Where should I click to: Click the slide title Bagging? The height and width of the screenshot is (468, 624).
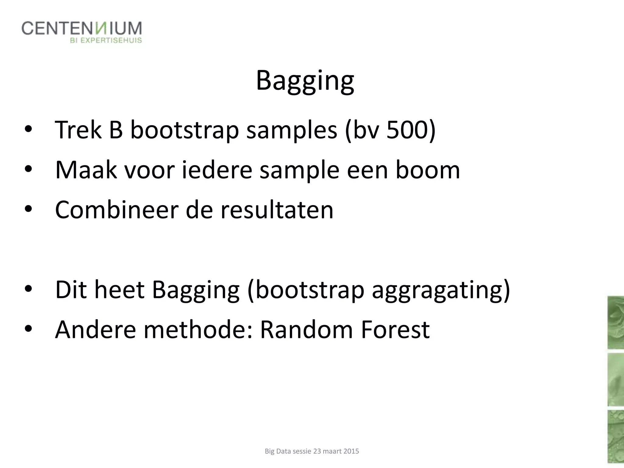click(x=305, y=81)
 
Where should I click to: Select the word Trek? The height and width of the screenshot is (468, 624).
click(x=78, y=130)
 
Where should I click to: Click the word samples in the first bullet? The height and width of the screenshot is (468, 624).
click(x=292, y=130)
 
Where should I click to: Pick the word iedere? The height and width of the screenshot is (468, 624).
click(x=217, y=170)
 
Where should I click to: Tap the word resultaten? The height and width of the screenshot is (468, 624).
click(x=277, y=210)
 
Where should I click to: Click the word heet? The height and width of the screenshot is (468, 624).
click(x=119, y=290)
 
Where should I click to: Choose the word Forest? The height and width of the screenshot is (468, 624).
click(x=395, y=330)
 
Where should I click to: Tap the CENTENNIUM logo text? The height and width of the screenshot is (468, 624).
click(x=82, y=29)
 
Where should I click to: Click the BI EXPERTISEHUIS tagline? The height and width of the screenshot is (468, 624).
click(x=106, y=41)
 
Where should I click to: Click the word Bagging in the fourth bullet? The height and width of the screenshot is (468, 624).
click(x=196, y=290)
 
